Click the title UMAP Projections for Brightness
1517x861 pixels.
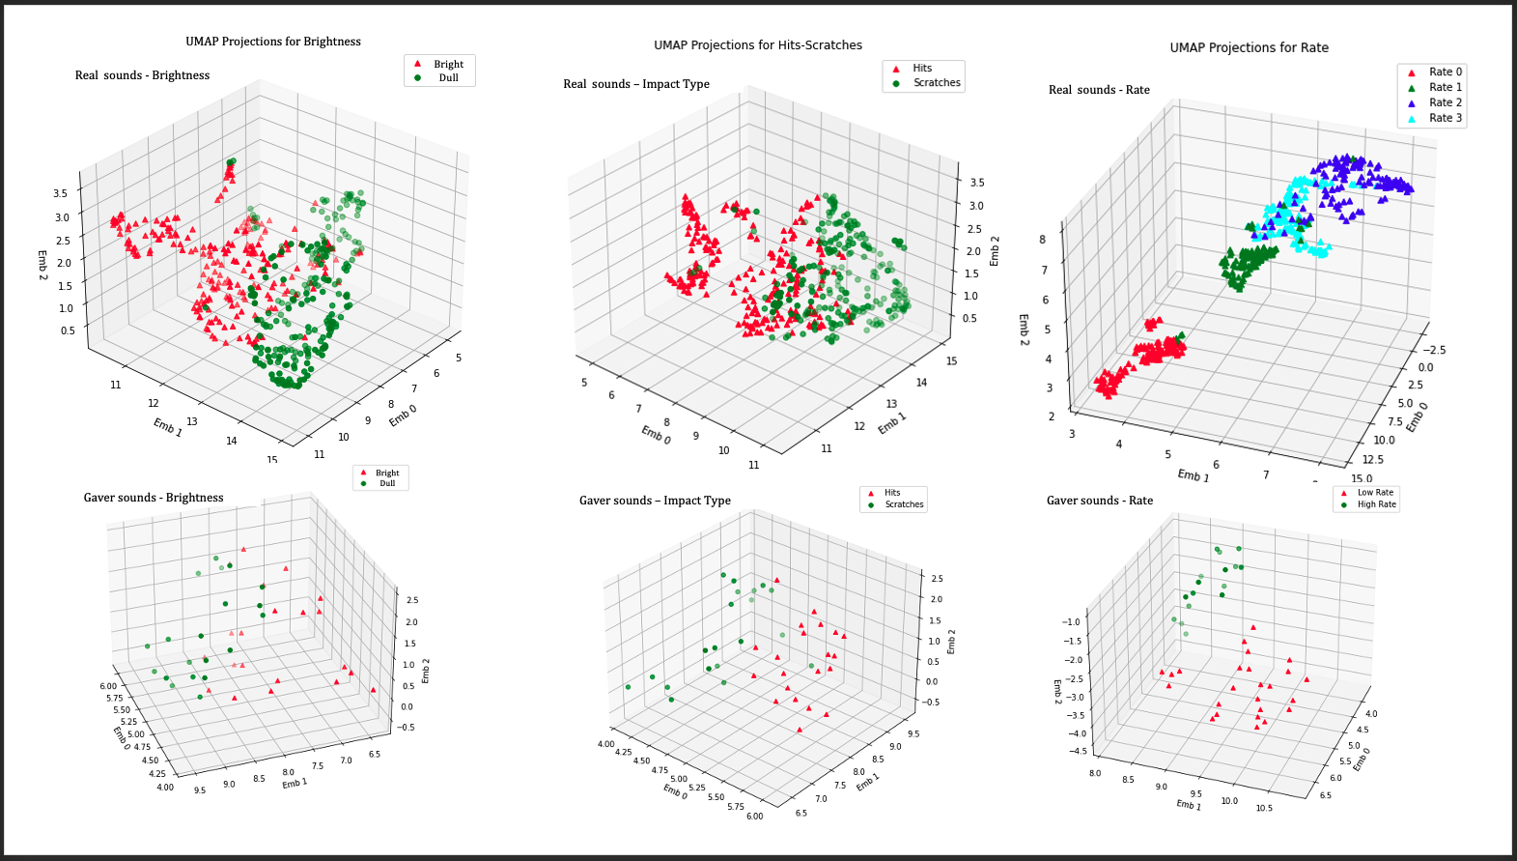[x=273, y=42]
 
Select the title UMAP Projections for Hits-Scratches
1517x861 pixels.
[x=758, y=45]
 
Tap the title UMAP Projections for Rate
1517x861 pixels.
[x=1249, y=47]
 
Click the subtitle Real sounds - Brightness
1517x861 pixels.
[x=142, y=75]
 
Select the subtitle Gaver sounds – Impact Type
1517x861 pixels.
[x=655, y=501]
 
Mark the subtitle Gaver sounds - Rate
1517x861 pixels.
[x=1099, y=501]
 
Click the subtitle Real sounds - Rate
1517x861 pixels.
[x=1099, y=90]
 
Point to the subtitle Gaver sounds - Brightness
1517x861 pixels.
[x=154, y=498]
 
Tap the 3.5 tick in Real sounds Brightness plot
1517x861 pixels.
[x=61, y=193]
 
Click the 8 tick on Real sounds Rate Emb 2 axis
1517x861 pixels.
[x=1043, y=241]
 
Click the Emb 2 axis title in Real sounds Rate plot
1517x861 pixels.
[x=1024, y=330]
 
